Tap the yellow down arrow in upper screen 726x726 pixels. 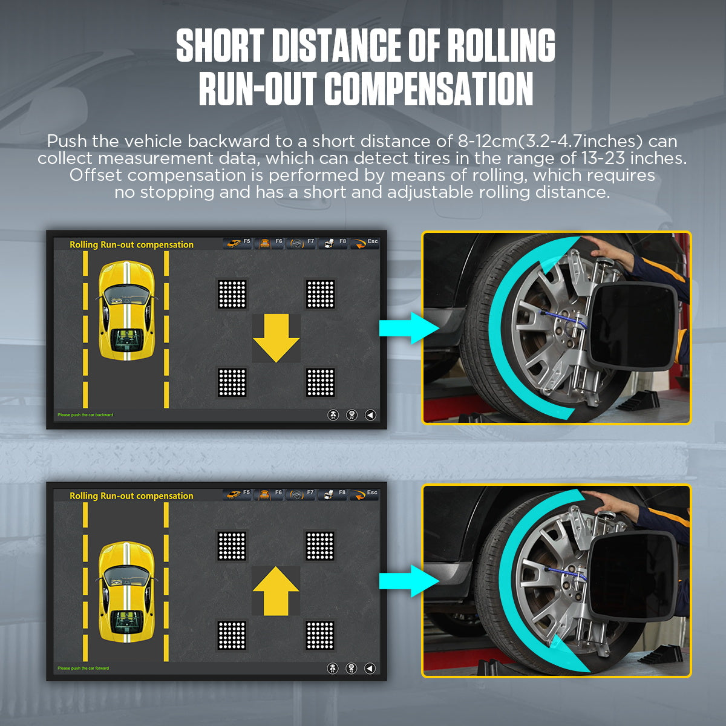276,338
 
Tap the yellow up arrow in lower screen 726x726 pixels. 276,590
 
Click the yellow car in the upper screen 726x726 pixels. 126,310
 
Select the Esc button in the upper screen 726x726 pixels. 365,243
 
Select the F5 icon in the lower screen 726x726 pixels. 237,494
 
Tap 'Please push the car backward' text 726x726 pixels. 85,415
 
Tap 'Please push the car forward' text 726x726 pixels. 83,669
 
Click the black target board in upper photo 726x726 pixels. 632,326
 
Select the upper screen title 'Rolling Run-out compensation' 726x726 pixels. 131,244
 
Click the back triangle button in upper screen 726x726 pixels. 370,415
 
